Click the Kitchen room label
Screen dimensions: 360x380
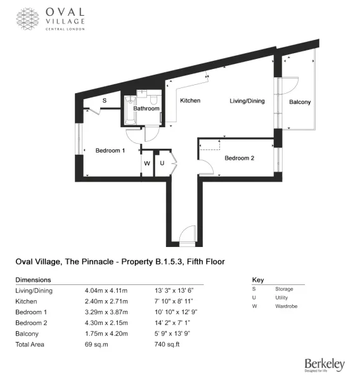point(190,101)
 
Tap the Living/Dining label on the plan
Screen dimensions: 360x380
point(247,101)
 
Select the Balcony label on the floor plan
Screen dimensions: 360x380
point(300,102)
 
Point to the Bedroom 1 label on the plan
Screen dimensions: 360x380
point(110,151)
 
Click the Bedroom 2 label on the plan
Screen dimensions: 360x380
point(239,158)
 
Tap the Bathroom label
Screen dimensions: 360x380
point(146,108)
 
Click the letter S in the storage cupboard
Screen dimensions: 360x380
point(105,100)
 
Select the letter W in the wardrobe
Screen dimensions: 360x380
point(147,163)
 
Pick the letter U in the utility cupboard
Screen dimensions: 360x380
point(162,163)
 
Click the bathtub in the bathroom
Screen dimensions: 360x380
point(131,110)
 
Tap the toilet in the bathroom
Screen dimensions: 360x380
point(153,99)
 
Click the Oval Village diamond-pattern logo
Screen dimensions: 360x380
point(28,19)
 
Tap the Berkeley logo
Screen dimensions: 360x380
point(325,365)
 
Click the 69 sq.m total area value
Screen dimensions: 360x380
point(96,345)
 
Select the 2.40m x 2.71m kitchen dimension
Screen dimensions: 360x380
point(106,301)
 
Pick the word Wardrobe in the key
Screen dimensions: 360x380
point(286,306)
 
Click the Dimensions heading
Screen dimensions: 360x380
point(33,280)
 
